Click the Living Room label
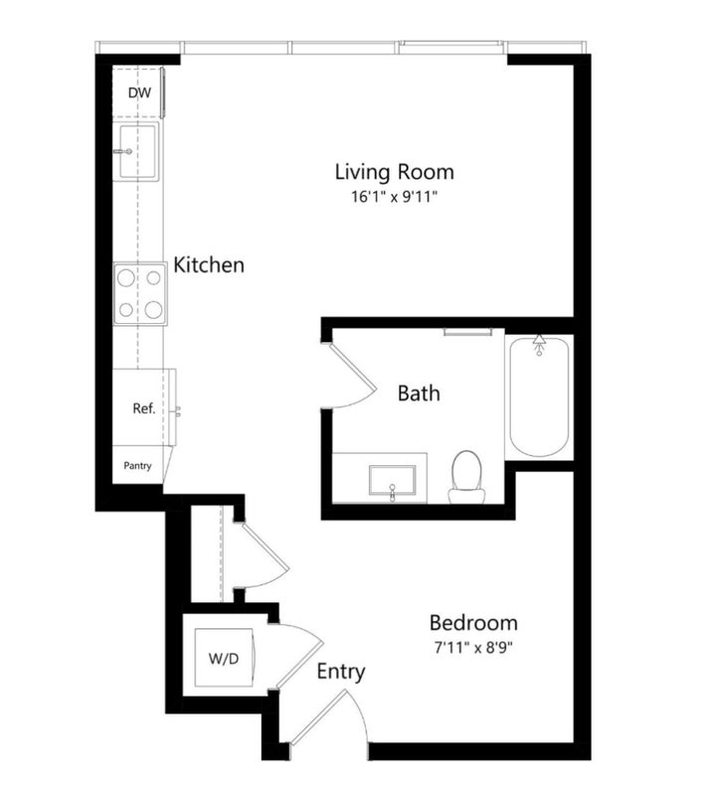point(395,172)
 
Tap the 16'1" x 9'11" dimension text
point(395,197)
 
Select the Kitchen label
point(209,264)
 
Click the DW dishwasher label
point(139,92)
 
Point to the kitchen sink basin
point(137,151)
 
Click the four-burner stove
point(140,293)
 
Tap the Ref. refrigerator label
point(143,408)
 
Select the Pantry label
point(137,465)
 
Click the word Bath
point(419,393)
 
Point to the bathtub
point(539,397)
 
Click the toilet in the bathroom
point(466,477)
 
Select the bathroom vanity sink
point(393,481)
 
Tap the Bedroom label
point(473,623)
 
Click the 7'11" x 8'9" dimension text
point(473,648)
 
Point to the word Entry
point(341,672)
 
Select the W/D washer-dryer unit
point(224,658)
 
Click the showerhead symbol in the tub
point(539,344)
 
